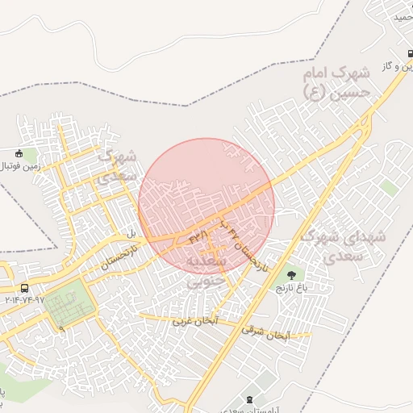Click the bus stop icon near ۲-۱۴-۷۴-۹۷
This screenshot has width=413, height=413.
point(25,288)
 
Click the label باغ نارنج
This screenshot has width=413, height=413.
point(292,287)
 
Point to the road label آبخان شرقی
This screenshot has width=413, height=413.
point(265,332)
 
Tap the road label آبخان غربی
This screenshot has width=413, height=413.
point(194,321)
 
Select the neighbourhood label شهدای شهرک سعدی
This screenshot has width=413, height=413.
point(344,246)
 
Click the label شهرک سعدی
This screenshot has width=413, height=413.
point(118,166)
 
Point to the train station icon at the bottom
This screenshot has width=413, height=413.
point(248,399)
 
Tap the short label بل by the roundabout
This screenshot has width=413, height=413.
point(131,233)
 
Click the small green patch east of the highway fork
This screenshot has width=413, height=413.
point(390,187)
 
